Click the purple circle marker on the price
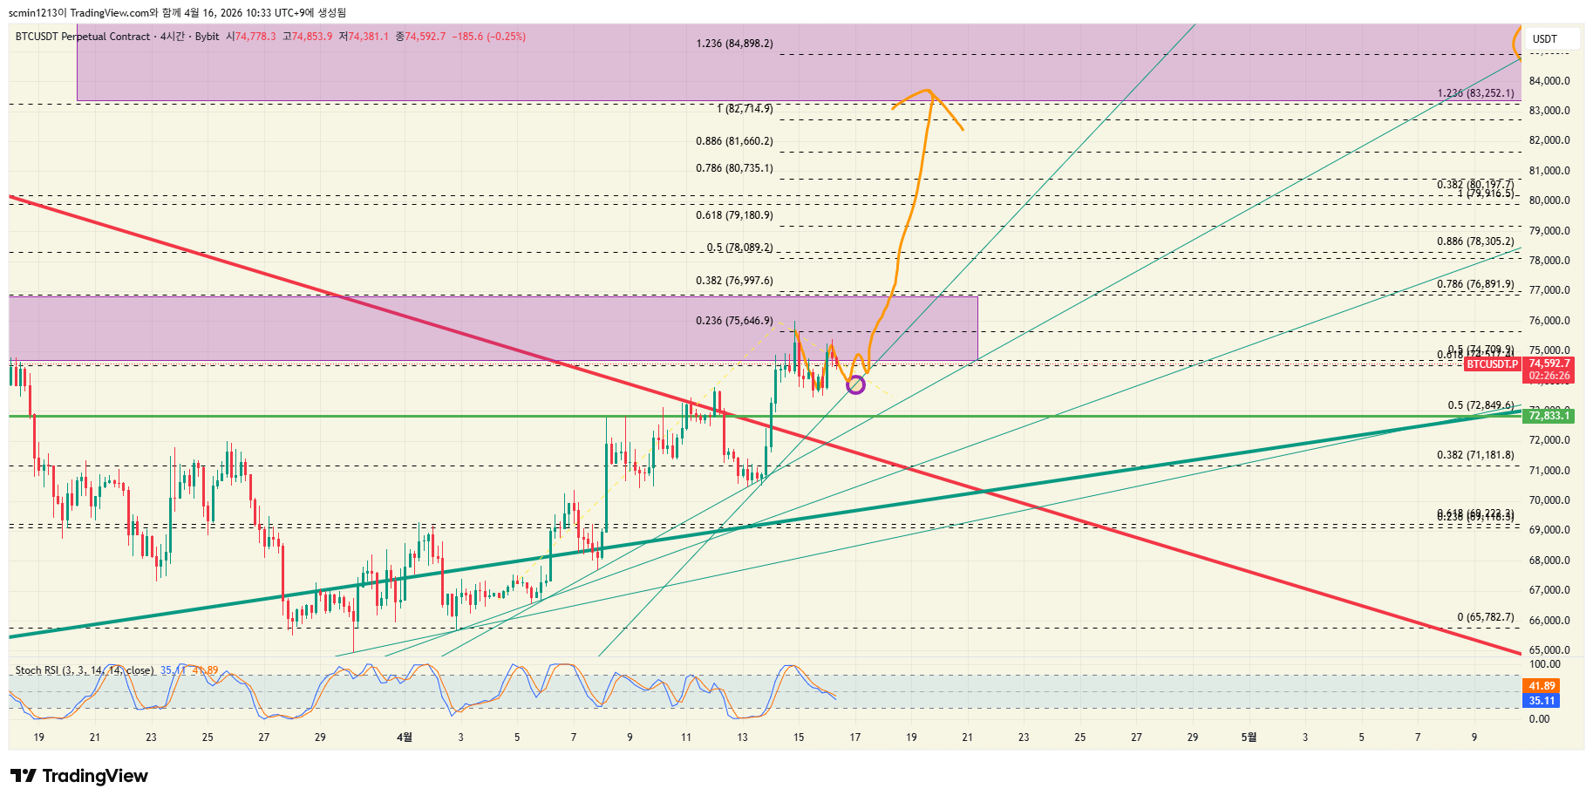click(x=855, y=384)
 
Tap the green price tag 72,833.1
click(x=1549, y=416)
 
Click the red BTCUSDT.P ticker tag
click(x=1491, y=364)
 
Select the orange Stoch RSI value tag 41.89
click(x=1542, y=686)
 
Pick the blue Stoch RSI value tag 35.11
click(x=1542, y=701)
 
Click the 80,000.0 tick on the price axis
click(x=1549, y=200)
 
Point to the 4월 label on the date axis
click(x=405, y=737)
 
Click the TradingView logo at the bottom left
click(x=79, y=776)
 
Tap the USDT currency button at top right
click(x=1545, y=38)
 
